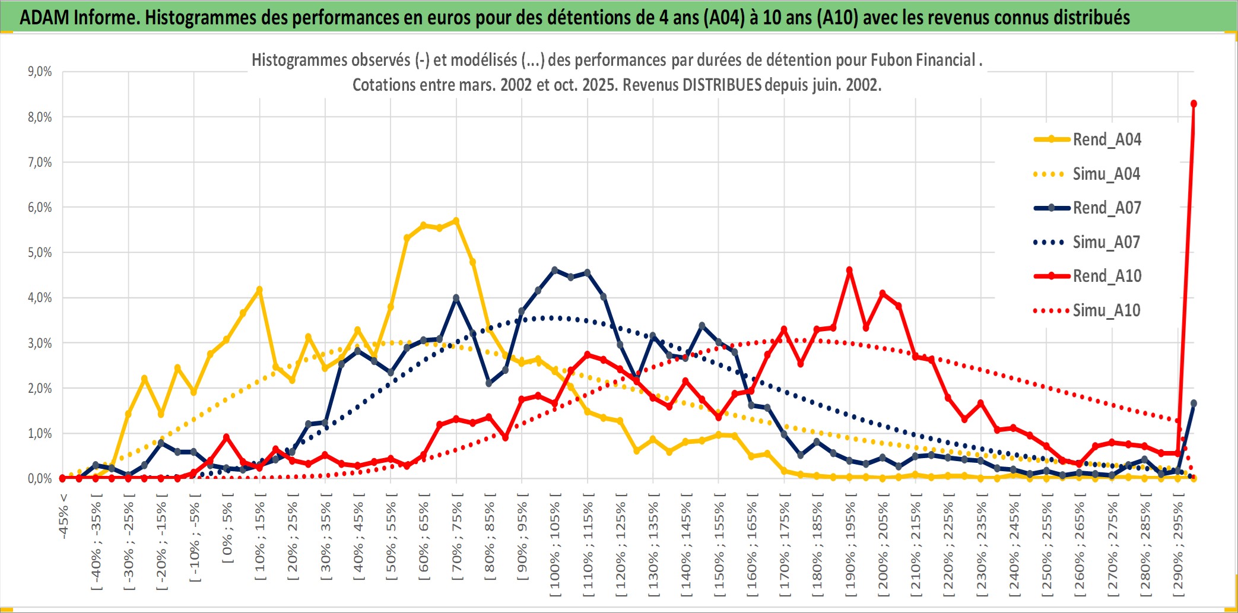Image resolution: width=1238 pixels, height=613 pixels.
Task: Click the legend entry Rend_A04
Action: click(x=1106, y=139)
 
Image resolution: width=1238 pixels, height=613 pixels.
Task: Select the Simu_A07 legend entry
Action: click(x=1106, y=242)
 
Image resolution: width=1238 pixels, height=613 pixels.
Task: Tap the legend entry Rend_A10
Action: click(x=1106, y=276)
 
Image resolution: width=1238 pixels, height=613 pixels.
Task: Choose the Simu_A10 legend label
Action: click(x=1106, y=310)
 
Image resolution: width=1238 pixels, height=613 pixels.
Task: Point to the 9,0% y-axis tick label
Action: click(x=40, y=72)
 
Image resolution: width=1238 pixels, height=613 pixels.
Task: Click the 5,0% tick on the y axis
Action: click(x=40, y=253)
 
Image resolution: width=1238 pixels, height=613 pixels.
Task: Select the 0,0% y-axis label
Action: click(x=40, y=478)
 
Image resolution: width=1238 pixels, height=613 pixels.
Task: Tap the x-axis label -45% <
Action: click(x=64, y=516)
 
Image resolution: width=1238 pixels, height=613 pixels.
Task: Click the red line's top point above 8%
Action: click(x=1193, y=104)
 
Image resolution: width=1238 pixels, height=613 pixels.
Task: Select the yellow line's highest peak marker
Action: click(x=456, y=221)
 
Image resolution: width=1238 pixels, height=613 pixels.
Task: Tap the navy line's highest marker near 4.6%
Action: click(x=555, y=270)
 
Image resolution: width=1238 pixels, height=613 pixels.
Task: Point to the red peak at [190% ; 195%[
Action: click(x=849, y=270)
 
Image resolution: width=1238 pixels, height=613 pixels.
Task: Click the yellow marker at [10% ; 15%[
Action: click(x=259, y=290)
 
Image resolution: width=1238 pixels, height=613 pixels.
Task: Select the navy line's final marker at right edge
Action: click(x=1193, y=404)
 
